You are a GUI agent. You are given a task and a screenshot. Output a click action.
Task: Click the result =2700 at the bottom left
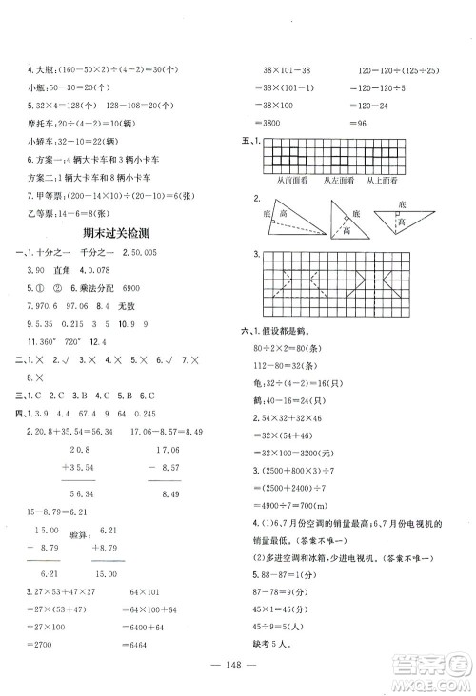point(46,641)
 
